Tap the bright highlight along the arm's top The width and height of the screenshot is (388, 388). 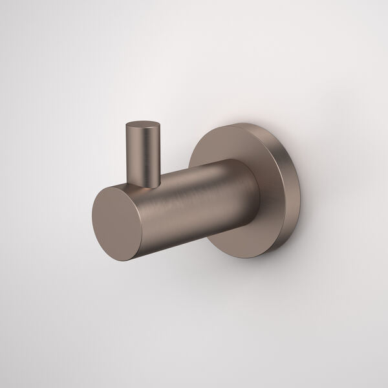click(194, 166)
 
